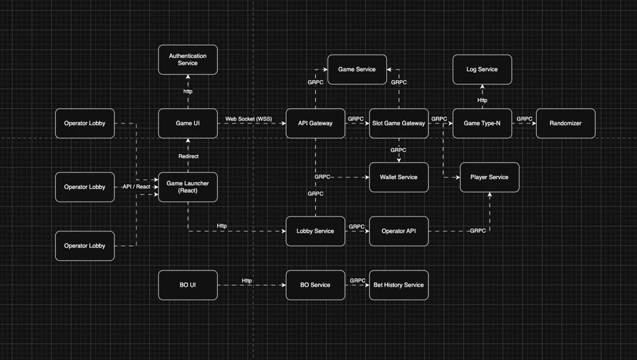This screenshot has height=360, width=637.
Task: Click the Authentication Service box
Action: click(x=188, y=60)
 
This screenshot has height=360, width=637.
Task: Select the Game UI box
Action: click(x=188, y=123)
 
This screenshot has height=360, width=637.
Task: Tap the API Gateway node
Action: click(x=315, y=123)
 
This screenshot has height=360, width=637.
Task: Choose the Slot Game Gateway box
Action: click(x=399, y=123)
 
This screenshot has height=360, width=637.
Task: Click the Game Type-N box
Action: click(x=482, y=123)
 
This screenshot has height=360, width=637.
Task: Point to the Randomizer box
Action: click(x=565, y=123)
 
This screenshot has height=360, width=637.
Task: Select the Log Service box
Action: click(x=482, y=69)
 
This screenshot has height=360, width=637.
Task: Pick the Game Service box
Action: click(x=357, y=69)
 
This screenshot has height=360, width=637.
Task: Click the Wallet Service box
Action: click(x=399, y=177)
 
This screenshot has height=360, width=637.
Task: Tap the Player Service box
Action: click(x=490, y=177)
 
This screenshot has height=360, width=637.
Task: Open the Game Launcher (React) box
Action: click(x=188, y=187)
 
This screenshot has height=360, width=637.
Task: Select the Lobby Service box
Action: click(x=315, y=231)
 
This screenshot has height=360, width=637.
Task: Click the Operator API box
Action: click(x=399, y=231)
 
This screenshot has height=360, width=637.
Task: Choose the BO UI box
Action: click(x=188, y=285)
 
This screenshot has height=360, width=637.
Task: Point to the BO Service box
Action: click(x=315, y=285)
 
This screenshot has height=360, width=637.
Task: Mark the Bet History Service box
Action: click(x=399, y=285)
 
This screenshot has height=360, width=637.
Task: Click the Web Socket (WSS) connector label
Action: click(x=249, y=119)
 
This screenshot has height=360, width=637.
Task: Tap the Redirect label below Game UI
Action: click(x=188, y=156)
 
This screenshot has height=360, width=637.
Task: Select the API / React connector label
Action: click(x=136, y=187)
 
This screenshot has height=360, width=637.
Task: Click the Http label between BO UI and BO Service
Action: click(x=247, y=280)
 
